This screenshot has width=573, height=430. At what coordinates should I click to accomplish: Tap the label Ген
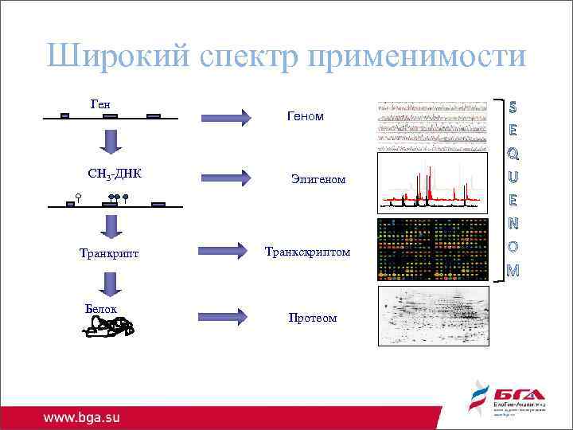[x=100, y=104]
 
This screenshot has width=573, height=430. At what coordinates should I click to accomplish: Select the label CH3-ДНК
[x=115, y=174]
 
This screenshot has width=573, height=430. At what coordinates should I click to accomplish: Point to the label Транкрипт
[x=109, y=253]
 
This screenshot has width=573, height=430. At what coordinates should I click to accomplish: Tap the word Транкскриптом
[x=307, y=252]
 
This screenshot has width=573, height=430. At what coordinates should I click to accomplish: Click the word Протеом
[x=312, y=318]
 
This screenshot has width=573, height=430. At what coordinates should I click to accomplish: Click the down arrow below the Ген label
[x=110, y=140]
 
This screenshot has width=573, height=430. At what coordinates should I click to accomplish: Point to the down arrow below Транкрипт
[x=110, y=283]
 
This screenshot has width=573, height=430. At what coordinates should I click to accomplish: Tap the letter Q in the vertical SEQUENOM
[x=513, y=150]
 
